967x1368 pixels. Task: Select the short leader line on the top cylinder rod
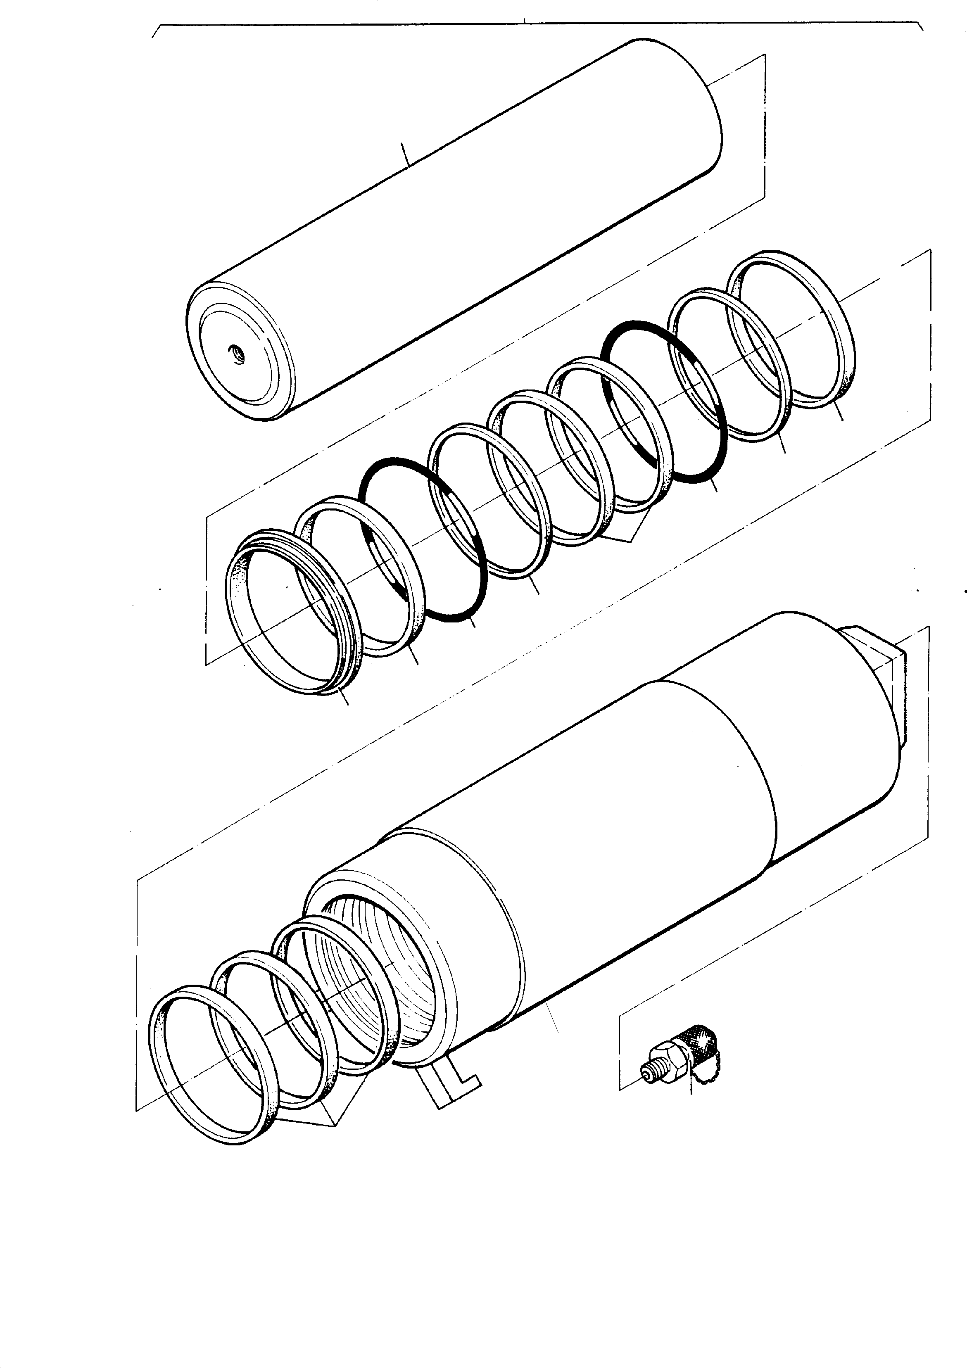405,153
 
